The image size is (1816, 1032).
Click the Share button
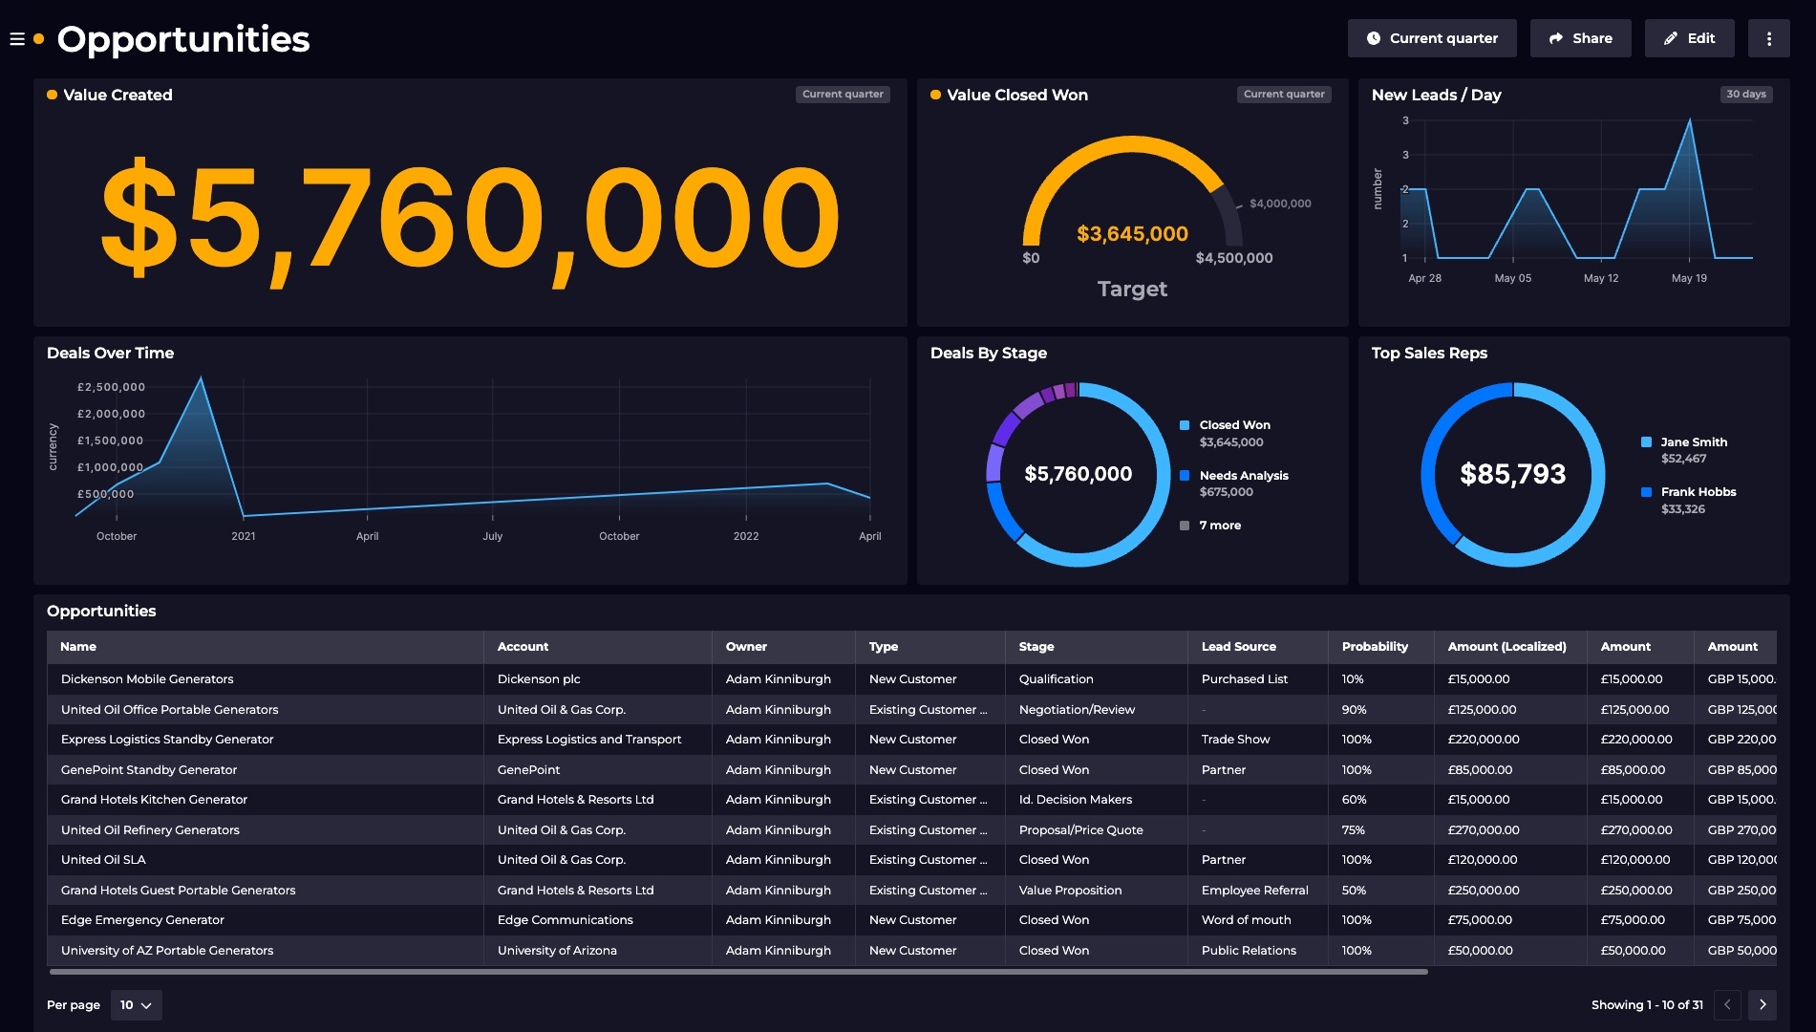[x=1580, y=38]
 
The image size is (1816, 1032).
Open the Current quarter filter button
[x=1431, y=38]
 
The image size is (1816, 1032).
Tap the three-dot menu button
[x=1768, y=38]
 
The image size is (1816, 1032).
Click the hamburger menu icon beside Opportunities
[x=17, y=39]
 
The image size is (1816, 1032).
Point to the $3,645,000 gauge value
[x=1132, y=234]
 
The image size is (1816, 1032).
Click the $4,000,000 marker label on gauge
[x=1279, y=204]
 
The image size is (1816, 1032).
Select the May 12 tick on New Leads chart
[x=1600, y=278]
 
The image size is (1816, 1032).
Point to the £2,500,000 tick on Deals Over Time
[x=111, y=387]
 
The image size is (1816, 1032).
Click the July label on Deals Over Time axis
[x=492, y=536]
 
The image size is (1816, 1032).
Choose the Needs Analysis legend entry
[x=1243, y=476]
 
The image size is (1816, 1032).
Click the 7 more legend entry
[x=1219, y=526]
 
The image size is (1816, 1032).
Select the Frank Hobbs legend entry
[x=1698, y=492]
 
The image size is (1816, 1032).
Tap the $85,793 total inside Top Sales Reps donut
[x=1512, y=474]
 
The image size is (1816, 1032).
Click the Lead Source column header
[x=1238, y=647]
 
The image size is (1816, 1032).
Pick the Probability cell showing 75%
[x=1353, y=830]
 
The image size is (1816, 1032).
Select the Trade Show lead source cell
[x=1235, y=740]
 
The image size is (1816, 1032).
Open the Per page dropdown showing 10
[x=136, y=1005]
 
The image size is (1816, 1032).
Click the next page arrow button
[x=1762, y=1005]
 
